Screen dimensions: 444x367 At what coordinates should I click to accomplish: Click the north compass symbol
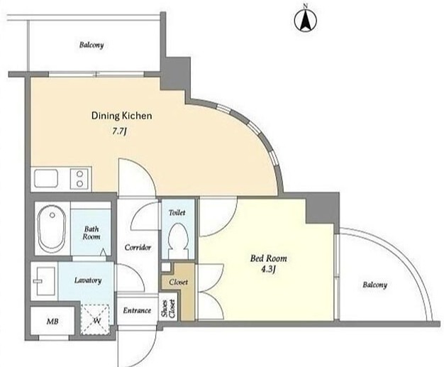click(x=306, y=20)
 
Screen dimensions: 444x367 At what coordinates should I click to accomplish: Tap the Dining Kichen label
click(x=121, y=116)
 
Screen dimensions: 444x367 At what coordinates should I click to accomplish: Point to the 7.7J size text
click(x=119, y=131)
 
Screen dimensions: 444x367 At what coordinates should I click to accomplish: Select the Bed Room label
click(x=268, y=258)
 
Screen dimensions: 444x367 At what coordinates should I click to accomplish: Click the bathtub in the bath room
click(x=52, y=229)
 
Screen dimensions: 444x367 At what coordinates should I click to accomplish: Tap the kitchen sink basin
click(x=46, y=179)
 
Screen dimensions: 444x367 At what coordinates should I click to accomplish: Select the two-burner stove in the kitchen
click(x=80, y=179)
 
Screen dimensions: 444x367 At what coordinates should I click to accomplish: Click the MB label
click(x=52, y=322)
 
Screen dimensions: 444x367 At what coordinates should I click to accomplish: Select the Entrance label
click(x=137, y=311)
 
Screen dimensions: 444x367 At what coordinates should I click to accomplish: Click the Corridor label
click(x=138, y=248)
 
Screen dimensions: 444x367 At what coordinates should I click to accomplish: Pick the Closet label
click(x=179, y=283)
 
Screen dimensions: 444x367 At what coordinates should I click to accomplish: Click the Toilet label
click(x=177, y=212)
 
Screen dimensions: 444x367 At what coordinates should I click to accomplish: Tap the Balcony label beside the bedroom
click(x=375, y=285)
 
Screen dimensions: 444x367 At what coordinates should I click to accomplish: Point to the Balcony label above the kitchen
click(x=91, y=45)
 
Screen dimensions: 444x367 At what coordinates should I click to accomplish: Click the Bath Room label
click(x=91, y=233)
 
